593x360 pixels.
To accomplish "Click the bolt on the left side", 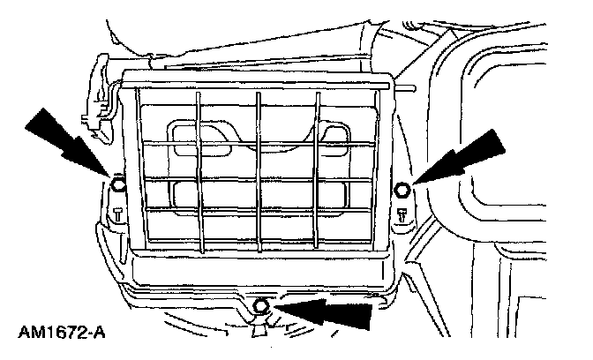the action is [x=116, y=185].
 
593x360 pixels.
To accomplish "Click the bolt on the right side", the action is [x=402, y=189].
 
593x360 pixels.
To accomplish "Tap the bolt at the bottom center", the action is [x=260, y=306].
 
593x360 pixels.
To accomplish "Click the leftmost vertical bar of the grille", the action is [x=199, y=168].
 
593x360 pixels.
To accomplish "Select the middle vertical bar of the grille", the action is [x=259, y=168].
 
